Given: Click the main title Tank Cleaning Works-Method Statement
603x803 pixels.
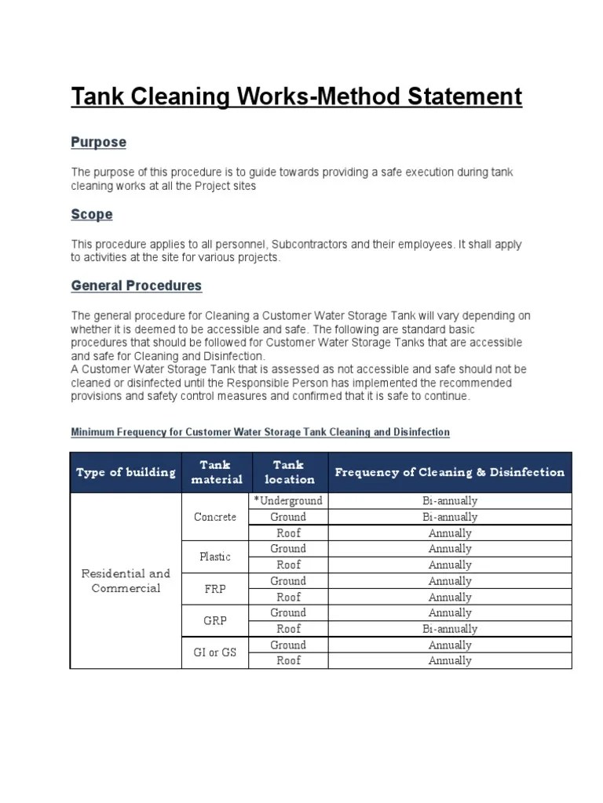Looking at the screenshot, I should pos(296,96).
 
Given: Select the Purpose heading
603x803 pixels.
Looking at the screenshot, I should pos(98,143).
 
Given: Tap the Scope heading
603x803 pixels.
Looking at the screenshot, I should pos(92,214).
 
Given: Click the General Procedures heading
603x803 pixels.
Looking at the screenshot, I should pos(137,285).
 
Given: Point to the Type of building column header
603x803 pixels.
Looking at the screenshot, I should pos(126,472).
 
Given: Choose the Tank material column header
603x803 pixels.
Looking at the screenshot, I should pos(215,472).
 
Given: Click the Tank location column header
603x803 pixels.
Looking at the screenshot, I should pos(289,472).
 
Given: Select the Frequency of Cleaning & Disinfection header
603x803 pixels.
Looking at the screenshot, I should pos(450,472).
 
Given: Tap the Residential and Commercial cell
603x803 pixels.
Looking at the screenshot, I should pos(126,581).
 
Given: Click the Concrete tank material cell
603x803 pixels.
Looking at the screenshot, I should pos(215,517).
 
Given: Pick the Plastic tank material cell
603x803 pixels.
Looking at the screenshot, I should pos(215,557).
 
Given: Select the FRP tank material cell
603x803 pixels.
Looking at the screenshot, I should pos(215,589).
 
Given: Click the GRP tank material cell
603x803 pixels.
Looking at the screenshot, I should pos(215,621).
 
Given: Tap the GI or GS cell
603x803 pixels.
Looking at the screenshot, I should pos(215,652).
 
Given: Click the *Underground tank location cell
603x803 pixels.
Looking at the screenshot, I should pos(288,500).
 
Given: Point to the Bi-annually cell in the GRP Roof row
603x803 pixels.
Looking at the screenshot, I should pos(450,629).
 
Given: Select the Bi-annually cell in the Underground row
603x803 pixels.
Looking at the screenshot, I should pos(450,500).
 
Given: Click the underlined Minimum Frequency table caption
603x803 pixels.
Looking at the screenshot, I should pos(260,432).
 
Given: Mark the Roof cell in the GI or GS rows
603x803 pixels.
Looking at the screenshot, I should pos(288,661).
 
